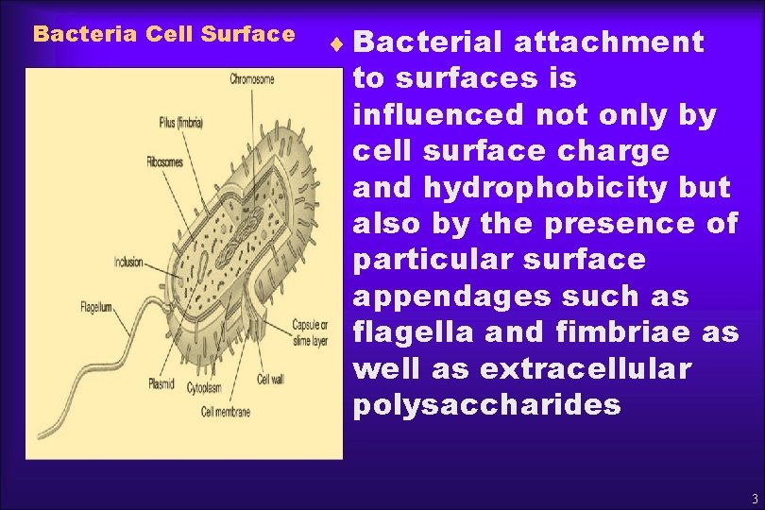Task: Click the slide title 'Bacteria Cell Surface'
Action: pyautogui.click(x=163, y=35)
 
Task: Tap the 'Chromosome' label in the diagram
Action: pyautogui.click(x=252, y=79)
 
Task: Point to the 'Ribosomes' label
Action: pyautogui.click(x=164, y=161)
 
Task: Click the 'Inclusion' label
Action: pyautogui.click(x=128, y=263)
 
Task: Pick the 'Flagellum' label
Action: pyautogui.click(x=96, y=307)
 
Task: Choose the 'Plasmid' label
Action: pyautogui.click(x=161, y=383)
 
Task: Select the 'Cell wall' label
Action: pyautogui.click(x=271, y=380)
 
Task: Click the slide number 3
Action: pyautogui.click(x=754, y=499)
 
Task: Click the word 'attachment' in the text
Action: pyautogui.click(x=609, y=42)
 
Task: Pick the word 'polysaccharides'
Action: pyautogui.click(x=486, y=406)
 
